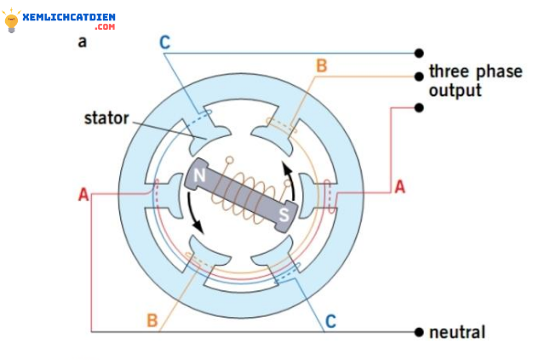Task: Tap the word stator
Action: point(106,117)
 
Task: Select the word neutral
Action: point(457,331)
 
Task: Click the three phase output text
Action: point(474,81)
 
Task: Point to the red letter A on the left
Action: point(83,195)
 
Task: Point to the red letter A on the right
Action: point(399,186)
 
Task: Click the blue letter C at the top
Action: point(164,42)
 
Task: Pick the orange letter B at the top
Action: point(320,66)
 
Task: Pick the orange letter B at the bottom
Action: point(152,320)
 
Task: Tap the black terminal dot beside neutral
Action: point(418,331)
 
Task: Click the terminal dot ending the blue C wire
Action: point(418,52)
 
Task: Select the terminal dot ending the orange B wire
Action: point(418,77)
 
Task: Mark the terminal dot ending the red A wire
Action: point(418,107)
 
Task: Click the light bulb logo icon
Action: point(12,21)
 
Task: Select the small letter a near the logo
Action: point(82,41)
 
